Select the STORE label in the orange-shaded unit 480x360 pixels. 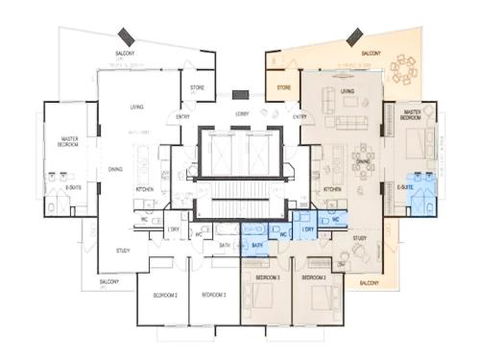tap(284, 87)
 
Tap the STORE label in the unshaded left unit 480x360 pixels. tap(197, 87)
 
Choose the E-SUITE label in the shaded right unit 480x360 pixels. tap(405, 186)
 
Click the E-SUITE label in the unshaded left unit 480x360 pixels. tap(72, 186)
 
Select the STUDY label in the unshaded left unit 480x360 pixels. tap(122, 250)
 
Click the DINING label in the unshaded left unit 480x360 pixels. tap(116, 169)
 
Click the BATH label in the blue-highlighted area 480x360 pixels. tap(257, 244)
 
